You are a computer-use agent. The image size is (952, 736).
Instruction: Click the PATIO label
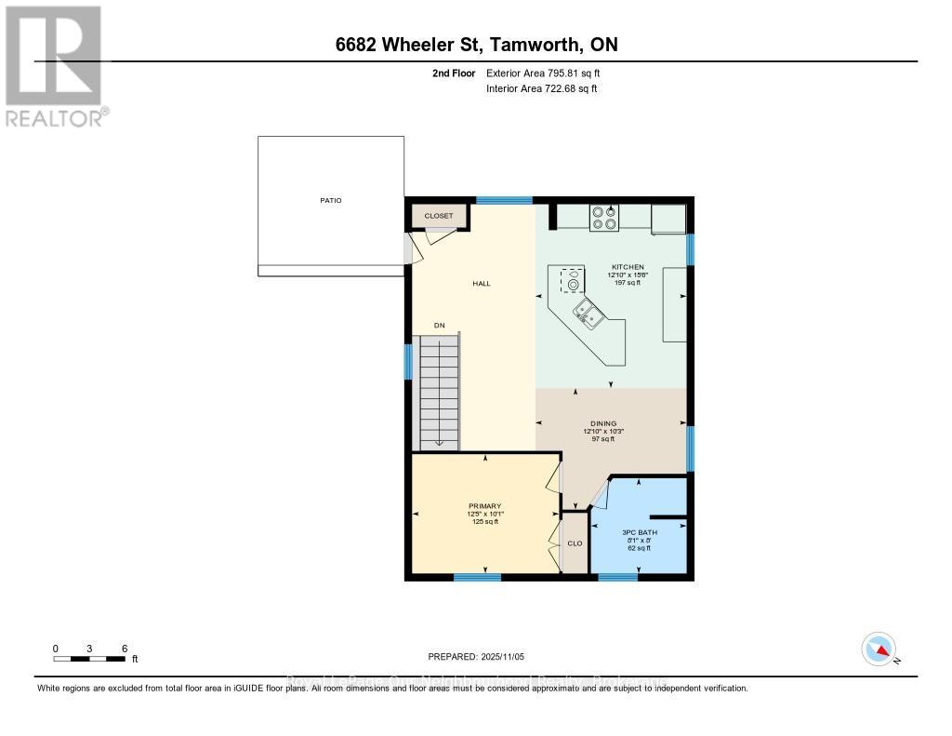tap(330, 200)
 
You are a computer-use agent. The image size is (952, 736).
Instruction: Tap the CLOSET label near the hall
tap(439, 216)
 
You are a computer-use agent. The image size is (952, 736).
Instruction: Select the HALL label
tap(481, 284)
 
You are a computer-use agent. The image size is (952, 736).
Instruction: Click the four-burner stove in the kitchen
tap(604, 217)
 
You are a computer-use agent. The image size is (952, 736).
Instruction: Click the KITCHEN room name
tap(626, 267)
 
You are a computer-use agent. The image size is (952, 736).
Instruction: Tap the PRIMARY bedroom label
tap(485, 506)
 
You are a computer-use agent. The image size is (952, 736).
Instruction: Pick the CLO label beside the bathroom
tap(575, 543)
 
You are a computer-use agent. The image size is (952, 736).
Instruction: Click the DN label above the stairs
tap(440, 325)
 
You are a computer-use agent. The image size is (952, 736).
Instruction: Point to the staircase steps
tap(439, 391)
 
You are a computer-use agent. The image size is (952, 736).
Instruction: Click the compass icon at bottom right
tap(879, 649)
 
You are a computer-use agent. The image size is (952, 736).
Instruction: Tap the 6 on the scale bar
tap(124, 648)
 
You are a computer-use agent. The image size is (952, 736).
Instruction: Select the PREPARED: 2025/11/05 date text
tap(476, 657)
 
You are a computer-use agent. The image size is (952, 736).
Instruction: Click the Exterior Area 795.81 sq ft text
tap(549, 73)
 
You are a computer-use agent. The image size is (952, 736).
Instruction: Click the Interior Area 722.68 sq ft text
tap(541, 88)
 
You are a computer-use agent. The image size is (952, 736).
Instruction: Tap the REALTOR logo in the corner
tap(55, 64)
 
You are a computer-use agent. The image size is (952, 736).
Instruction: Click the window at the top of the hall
tap(504, 200)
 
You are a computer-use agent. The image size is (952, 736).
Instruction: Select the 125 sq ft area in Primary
tap(485, 522)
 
